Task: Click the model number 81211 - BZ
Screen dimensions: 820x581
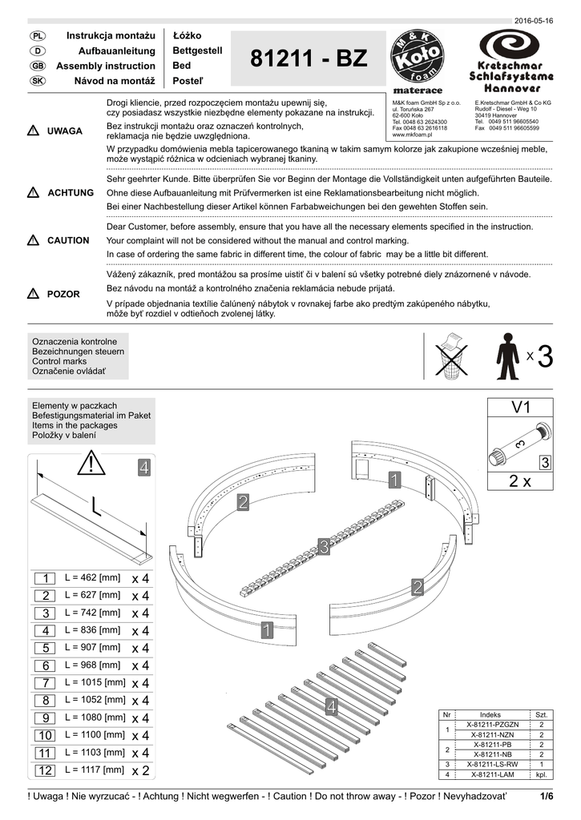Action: [x=309, y=60]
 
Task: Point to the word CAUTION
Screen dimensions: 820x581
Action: [x=68, y=240]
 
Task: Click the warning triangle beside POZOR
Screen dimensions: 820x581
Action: [x=33, y=294]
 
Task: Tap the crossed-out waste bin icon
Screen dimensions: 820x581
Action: [x=451, y=356]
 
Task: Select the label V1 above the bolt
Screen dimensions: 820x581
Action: [x=521, y=408]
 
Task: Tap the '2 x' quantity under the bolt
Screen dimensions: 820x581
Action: [x=520, y=481]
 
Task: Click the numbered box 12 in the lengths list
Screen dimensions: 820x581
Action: [x=44, y=770]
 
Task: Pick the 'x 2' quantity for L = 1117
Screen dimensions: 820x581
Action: [x=140, y=770]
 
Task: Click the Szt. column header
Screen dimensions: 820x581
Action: [x=542, y=714]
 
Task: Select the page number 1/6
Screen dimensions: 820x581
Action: [x=547, y=796]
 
